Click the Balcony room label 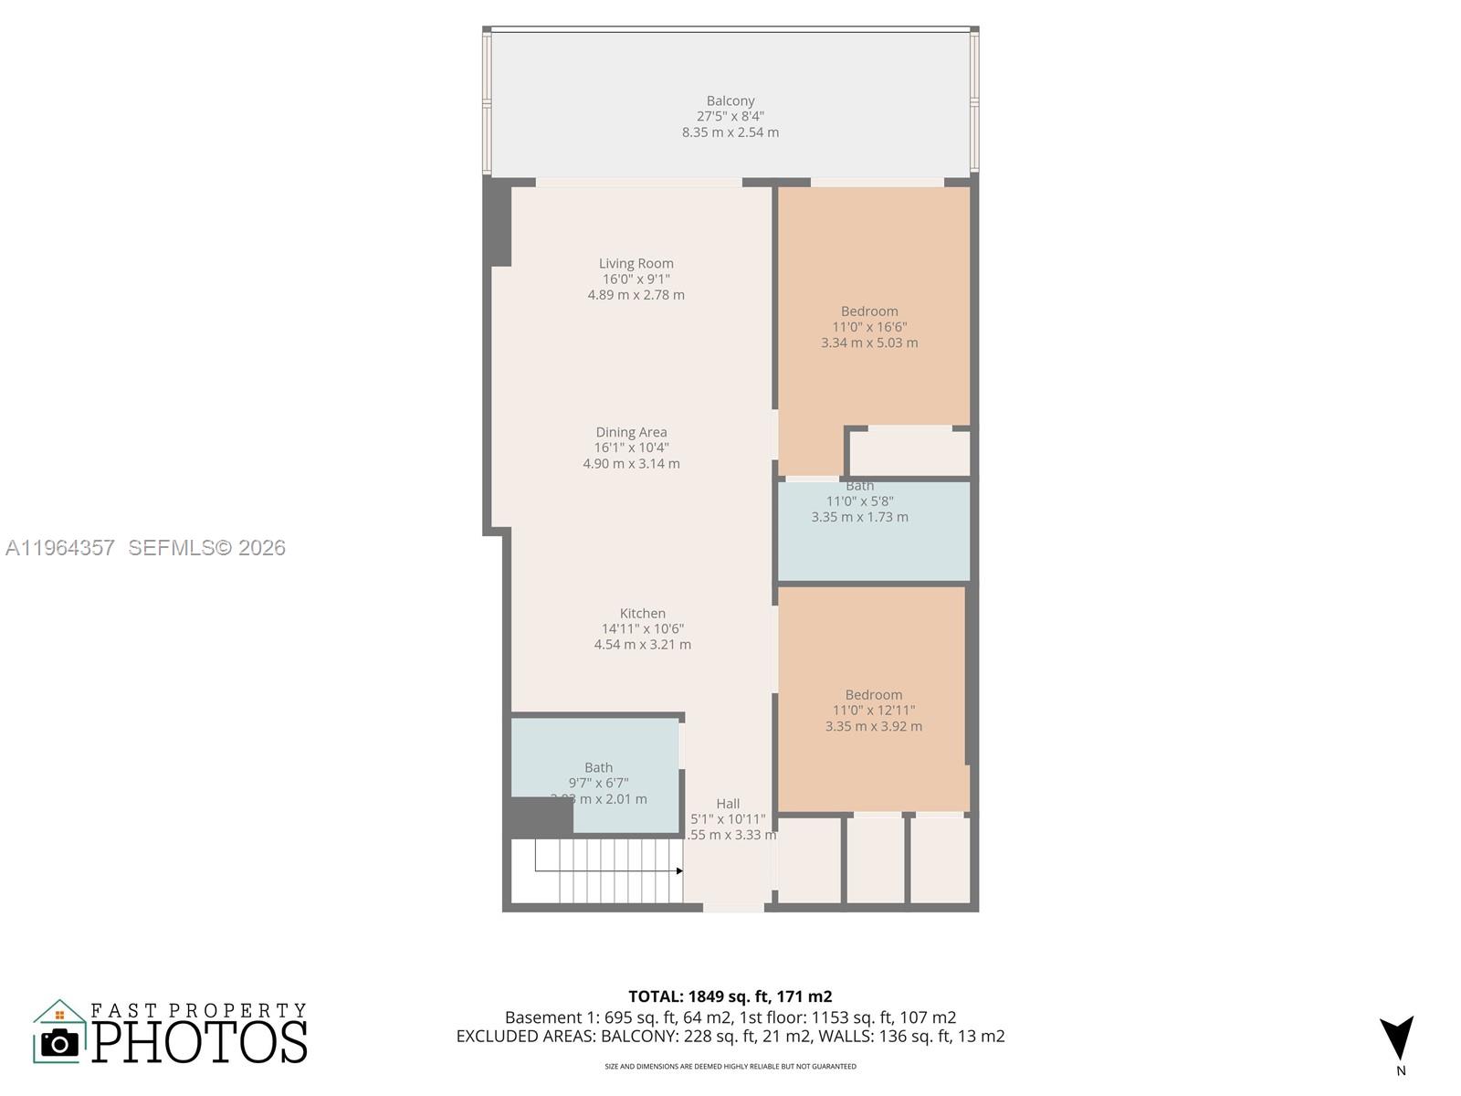coord(730,100)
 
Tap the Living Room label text coord(636,263)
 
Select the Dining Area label coord(631,432)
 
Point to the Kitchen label coord(642,613)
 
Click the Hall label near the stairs coord(728,804)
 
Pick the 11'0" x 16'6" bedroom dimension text coord(869,327)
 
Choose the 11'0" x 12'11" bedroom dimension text coord(874,711)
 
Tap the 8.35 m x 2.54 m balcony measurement coord(730,132)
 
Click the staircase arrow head coord(679,871)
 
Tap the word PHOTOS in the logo coord(199,1042)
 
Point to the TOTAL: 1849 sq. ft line coord(730,996)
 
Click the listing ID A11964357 coord(60,548)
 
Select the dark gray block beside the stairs coord(541,817)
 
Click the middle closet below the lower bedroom coord(876,859)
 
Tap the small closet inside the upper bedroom coord(909,453)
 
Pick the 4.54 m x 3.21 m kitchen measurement coord(642,645)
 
